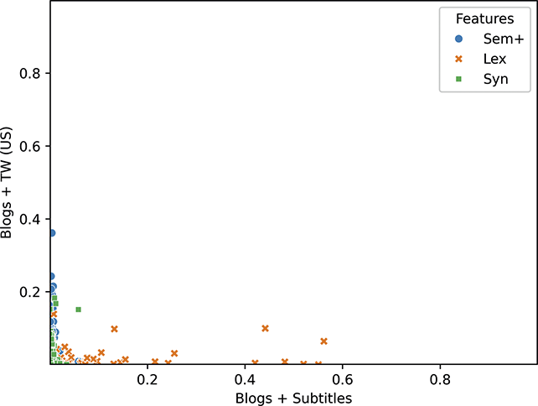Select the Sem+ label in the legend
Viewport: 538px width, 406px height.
tap(495, 39)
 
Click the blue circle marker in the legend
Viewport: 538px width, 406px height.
tap(458, 39)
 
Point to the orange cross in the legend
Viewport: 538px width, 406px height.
tap(458, 60)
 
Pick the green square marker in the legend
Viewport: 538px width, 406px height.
tap(458, 80)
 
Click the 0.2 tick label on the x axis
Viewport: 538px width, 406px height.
tap(147, 378)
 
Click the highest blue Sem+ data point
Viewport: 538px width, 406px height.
tap(51, 233)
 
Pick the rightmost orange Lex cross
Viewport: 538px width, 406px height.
tap(323, 341)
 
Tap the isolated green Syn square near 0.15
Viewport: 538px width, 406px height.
tap(78, 310)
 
